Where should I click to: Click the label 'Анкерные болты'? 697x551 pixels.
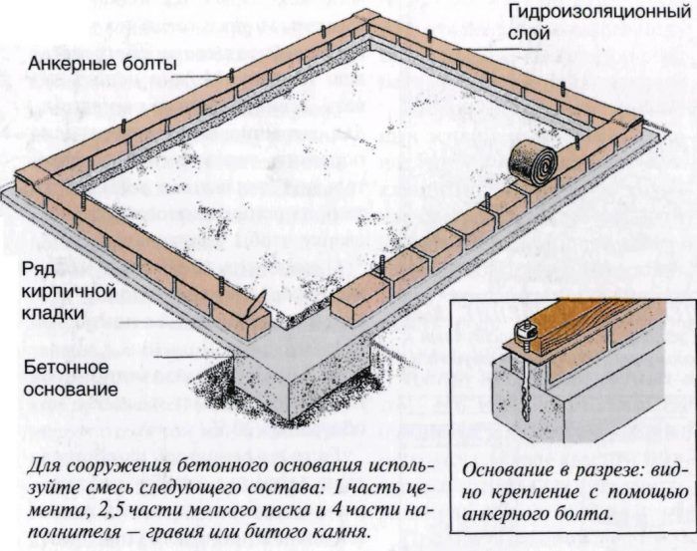[x=104, y=66]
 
